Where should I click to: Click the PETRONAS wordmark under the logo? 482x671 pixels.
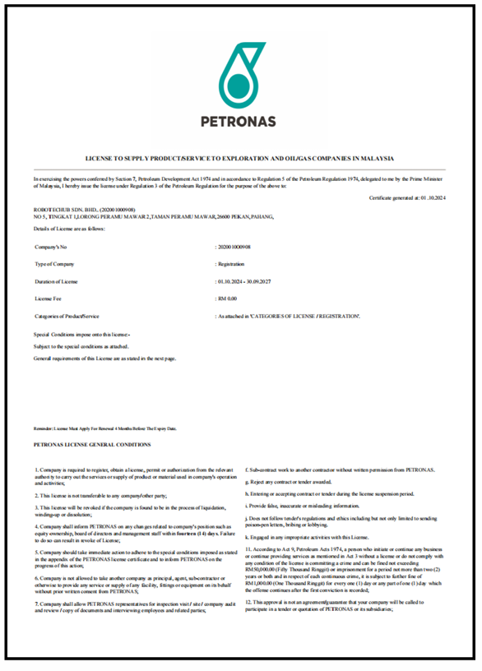pos(239,122)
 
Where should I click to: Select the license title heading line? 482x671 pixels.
pos(240,157)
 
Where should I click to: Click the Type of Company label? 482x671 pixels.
pos(54,264)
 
